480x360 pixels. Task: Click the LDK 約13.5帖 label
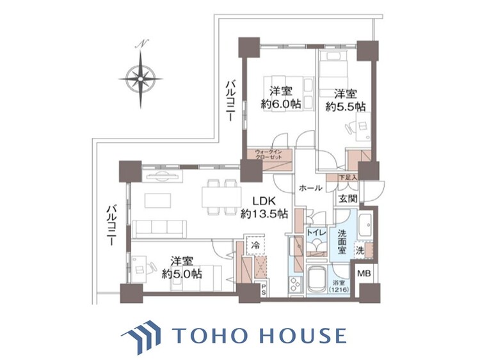pyautogui.click(x=262, y=207)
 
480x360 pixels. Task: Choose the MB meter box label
pyautogui.click(x=364, y=274)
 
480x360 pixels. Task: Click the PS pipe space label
pyautogui.click(x=263, y=289)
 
